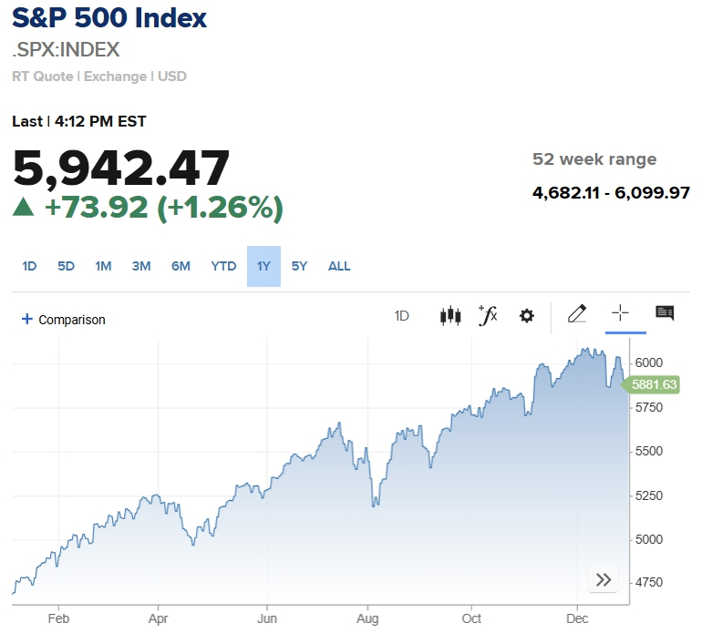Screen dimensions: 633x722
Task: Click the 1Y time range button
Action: click(x=263, y=266)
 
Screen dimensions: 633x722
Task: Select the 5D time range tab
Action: click(x=66, y=266)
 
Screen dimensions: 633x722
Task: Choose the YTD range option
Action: click(x=223, y=266)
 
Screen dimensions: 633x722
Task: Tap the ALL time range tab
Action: click(x=339, y=266)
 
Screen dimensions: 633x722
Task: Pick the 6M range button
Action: click(x=180, y=266)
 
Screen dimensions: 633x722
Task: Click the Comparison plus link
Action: click(x=64, y=320)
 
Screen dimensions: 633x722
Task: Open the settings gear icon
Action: click(x=526, y=316)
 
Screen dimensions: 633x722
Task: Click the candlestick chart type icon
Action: click(x=450, y=316)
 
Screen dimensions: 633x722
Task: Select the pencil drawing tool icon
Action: click(x=576, y=314)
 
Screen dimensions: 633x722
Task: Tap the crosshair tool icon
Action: click(x=620, y=314)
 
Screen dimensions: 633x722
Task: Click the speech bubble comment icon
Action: click(x=665, y=314)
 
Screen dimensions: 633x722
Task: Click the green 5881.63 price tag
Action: click(x=653, y=385)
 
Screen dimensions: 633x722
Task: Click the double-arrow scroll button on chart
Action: click(x=603, y=580)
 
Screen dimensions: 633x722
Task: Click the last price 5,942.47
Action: click(x=121, y=169)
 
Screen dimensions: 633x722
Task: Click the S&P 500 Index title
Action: click(x=109, y=18)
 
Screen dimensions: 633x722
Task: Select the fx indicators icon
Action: click(x=488, y=315)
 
